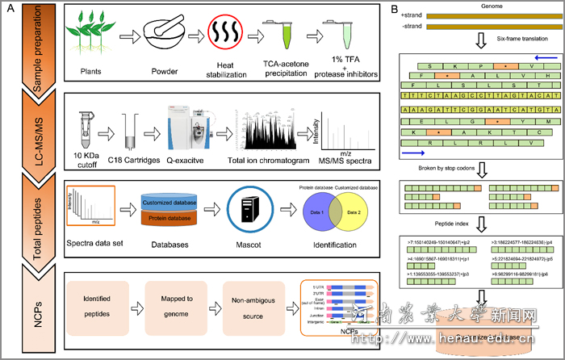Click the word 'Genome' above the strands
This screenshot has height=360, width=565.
(x=475, y=6)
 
